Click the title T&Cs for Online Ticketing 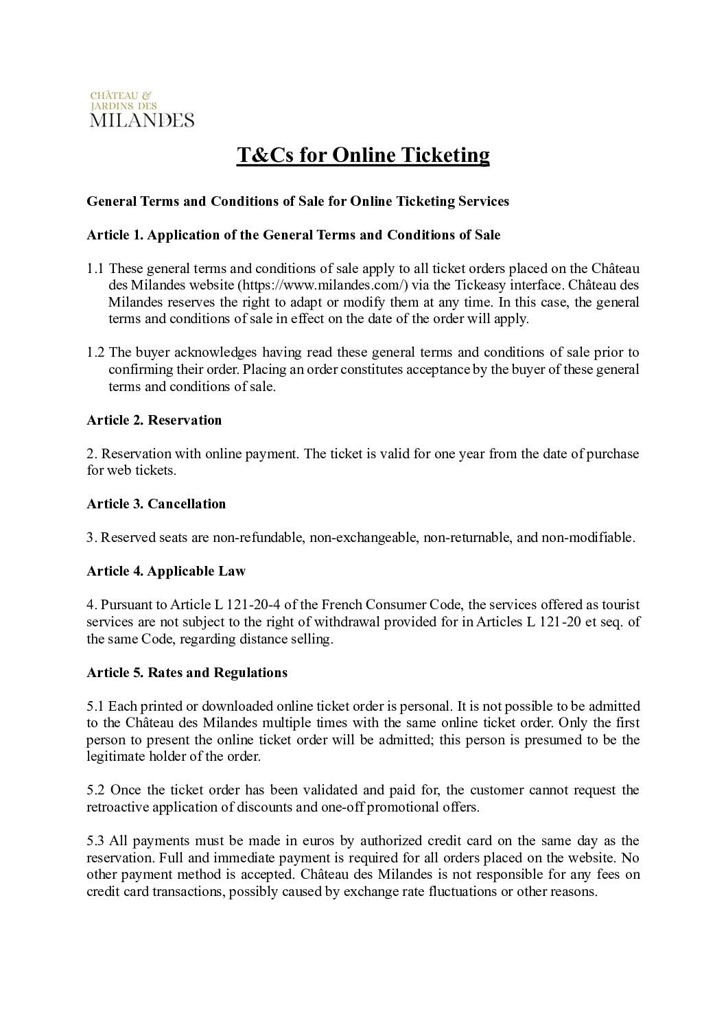pos(363,155)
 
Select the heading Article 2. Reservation pos(154,420)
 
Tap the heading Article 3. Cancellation pos(156,504)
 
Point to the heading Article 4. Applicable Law pos(165,571)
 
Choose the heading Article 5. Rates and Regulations pos(187,672)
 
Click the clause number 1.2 pos(95,353)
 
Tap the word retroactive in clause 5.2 pos(117,807)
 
